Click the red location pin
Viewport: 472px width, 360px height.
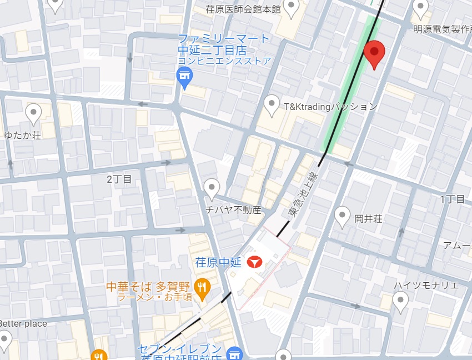click(x=374, y=53)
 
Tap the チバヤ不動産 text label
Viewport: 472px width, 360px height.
click(x=233, y=210)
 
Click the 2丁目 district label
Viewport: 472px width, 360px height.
click(x=119, y=179)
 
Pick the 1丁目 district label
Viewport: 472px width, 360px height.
click(x=453, y=199)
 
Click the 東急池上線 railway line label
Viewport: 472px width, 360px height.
click(x=298, y=194)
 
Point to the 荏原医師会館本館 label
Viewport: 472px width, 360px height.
click(x=243, y=9)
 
